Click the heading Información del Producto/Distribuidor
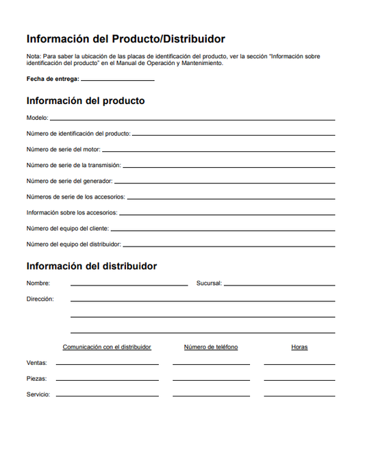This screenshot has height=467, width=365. [125, 39]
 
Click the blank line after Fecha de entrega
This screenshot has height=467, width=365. [117, 80]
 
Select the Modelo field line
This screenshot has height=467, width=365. [192, 120]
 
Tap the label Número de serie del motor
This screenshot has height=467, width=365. [63, 149]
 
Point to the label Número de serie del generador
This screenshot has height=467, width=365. [69, 181]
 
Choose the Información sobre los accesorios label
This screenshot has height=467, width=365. [72, 212]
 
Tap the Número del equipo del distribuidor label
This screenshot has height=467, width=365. [74, 244]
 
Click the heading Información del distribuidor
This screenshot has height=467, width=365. [91, 266]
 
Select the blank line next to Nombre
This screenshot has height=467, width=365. [129, 284]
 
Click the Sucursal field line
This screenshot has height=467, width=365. [279, 284]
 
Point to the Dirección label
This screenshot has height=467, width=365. [40, 299]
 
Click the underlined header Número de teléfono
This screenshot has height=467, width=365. [211, 347]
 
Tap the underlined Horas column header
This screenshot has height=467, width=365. [299, 347]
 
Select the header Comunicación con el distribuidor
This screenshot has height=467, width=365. [107, 347]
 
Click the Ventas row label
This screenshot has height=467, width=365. [37, 363]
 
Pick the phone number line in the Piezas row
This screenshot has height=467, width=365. [211, 380]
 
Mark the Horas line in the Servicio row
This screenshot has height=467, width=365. [299, 396]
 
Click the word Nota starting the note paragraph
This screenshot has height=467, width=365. [33, 55]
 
